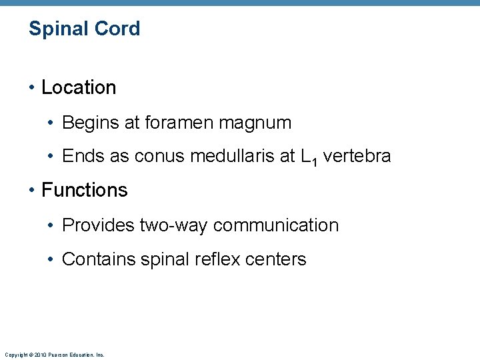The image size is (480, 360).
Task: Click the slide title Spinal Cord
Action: (84, 29)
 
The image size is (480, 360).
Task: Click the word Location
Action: (79, 87)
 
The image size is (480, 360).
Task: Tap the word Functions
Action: (84, 190)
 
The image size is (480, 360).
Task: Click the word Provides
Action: (98, 225)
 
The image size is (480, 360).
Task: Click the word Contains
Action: (99, 259)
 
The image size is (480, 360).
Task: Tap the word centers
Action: (278, 259)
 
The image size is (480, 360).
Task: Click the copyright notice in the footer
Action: (54, 355)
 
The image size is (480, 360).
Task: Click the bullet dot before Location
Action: (33, 88)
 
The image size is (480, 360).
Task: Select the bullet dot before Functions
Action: (33, 191)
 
